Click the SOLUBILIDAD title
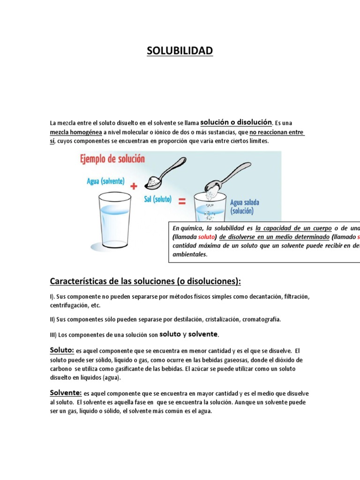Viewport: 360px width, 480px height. point(180,51)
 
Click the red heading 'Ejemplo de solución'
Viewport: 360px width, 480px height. point(113,159)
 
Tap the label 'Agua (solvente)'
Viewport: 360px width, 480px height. point(106,181)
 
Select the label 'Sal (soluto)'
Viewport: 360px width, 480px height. point(157,199)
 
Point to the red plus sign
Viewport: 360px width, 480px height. point(134,186)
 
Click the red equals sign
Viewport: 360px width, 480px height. point(182,202)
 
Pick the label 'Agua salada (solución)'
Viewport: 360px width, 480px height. point(245,207)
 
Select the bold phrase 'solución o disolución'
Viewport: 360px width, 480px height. point(236,122)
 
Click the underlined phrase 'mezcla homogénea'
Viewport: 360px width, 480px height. point(76,132)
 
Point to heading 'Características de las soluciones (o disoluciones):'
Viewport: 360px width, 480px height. point(145,281)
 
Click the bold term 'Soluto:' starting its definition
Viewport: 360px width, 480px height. point(62,350)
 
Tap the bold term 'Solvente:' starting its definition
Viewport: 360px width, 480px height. point(66,393)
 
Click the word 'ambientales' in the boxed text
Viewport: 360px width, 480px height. point(189,255)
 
